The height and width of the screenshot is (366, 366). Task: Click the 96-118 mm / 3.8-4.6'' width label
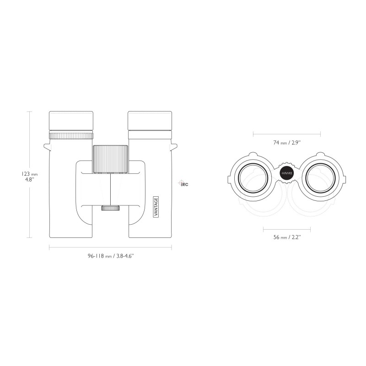pos(110,257)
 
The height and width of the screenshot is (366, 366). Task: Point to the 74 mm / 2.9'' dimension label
pos(287,143)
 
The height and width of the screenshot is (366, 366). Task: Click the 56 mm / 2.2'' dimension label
pos(287,237)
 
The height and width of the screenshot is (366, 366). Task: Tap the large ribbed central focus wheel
pos(110,159)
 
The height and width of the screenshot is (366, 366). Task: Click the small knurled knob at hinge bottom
pos(110,208)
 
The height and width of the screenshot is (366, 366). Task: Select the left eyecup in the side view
pos(71,121)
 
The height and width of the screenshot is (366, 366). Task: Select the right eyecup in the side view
pos(150,121)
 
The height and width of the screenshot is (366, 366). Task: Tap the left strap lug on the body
pos(47,147)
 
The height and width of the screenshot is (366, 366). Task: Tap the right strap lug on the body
pos(174,147)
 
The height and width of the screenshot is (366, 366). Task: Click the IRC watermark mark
pos(184,184)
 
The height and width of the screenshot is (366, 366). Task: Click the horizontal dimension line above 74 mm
pos(287,134)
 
